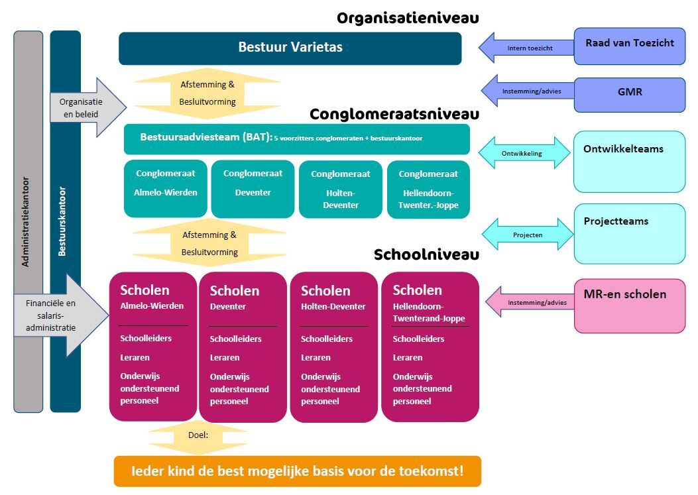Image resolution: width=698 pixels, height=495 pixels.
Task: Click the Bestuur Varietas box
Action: pos(290,48)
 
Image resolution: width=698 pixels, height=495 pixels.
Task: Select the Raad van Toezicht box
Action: pos(629,46)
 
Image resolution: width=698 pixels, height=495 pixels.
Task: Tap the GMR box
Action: pos(629,94)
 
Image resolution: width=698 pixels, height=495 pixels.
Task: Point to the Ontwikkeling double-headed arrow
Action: pos(524,153)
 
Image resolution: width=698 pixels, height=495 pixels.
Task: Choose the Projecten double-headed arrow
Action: pos(527,235)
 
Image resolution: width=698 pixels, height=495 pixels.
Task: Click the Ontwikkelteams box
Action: pos(629,162)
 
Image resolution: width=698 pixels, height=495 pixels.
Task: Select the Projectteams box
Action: pos(629,233)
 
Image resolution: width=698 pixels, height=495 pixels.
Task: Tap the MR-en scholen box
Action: pos(629,305)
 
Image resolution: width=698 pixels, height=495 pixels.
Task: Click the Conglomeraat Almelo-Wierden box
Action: pos(166,189)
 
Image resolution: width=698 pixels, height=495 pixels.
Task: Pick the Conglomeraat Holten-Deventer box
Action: pos(340,189)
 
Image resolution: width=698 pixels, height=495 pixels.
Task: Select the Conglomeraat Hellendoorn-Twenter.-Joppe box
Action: pos(428,189)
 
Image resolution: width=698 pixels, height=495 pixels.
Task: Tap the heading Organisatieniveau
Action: pos(407,18)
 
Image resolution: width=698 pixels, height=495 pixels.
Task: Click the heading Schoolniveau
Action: pos(426,255)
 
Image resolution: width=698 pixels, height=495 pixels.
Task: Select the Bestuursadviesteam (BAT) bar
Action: pos(296,138)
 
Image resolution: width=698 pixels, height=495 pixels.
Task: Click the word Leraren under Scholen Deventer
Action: pos(225,358)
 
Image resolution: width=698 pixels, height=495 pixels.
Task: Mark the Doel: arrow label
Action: pos(198,435)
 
